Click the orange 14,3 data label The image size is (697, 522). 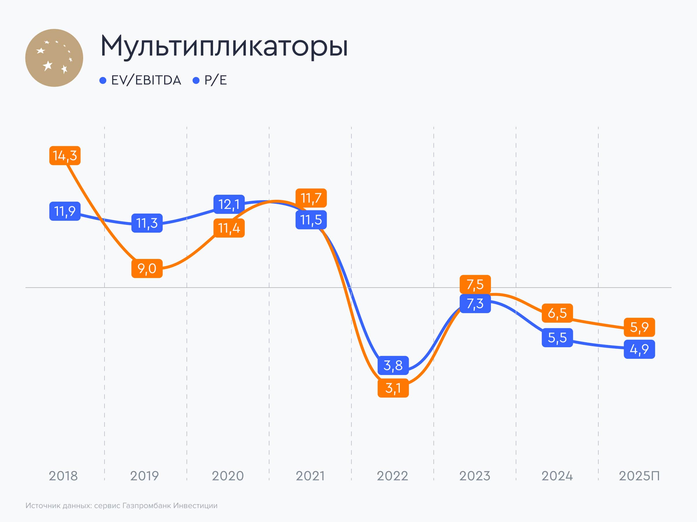[65, 156]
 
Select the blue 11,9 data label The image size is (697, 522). [65, 211]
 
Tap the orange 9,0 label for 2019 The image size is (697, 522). [147, 269]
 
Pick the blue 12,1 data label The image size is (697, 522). [229, 204]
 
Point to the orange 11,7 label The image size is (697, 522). [311, 198]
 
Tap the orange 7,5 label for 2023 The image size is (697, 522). [475, 284]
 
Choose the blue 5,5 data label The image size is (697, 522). [557, 338]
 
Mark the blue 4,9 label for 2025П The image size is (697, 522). [639, 349]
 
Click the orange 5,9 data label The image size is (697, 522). [639, 327]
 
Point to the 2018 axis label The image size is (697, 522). [63, 476]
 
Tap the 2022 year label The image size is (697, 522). [392, 476]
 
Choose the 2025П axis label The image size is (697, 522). [639, 476]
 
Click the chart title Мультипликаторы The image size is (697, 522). [224, 46]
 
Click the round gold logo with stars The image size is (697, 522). [54, 58]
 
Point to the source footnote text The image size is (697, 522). [121, 506]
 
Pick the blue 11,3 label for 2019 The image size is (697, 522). [147, 223]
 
